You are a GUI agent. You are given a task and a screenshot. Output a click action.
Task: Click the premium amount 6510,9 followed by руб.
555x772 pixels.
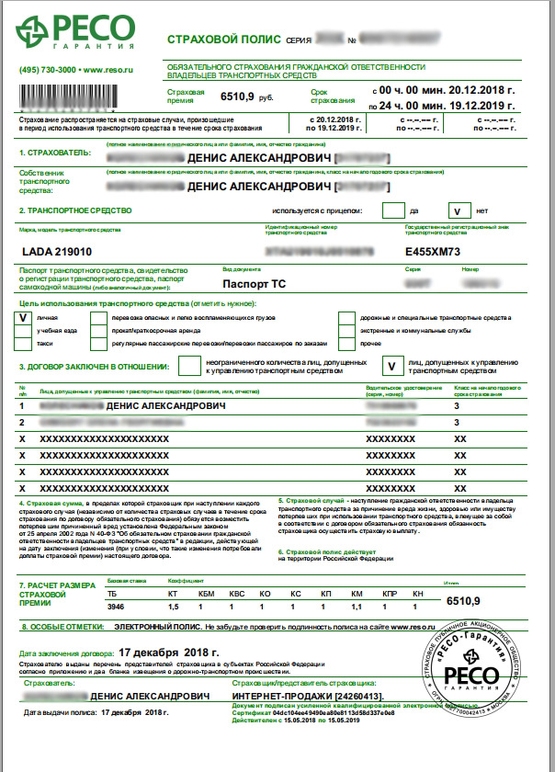click(x=226, y=96)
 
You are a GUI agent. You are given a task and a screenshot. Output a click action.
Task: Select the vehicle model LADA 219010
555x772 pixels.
click(x=56, y=250)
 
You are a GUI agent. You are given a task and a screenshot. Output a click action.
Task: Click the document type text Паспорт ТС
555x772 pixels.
click(x=255, y=285)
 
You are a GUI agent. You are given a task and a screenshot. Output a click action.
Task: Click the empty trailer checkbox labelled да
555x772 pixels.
click(x=391, y=210)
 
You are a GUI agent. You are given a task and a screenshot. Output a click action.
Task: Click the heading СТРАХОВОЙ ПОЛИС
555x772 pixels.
click(x=212, y=40)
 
